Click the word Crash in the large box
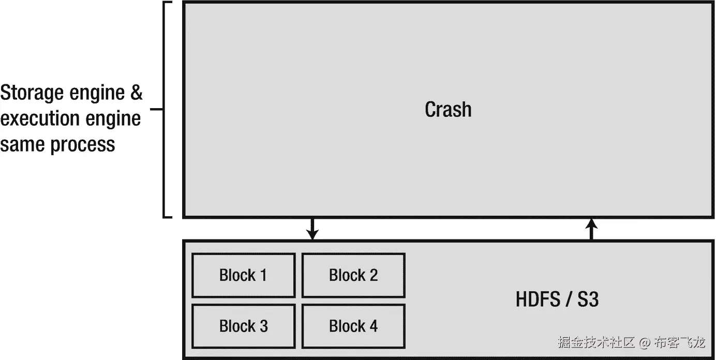pyautogui.click(x=448, y=110)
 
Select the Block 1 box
pyautogui.click(x=243, y=275)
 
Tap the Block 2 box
pyautogui.click(x=353, y=275)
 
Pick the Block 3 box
pyautogui.click(x=243, y=326)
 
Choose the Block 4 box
pyautogui.click(x=353, y=326)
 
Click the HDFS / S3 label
pyautogui.click(x=557, y=300)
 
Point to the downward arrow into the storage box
pyautogui.click(x=311, y=229)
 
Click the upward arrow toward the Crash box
pyautogui.click(x=592, y=229)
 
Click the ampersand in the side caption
pyautogui.click(x=136, y=94)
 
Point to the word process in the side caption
pyautogui.click(x=83, y=144)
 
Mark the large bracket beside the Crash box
pyautogui.click(x=166, y=110)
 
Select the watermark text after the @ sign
pyautogui.click(x=679, y=342)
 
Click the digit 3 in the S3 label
pyautogui.click(x=593, y=300)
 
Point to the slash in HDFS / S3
pyautogui.click(x=567, y=300)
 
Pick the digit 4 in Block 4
pyautogui.click(x=373, y=326)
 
